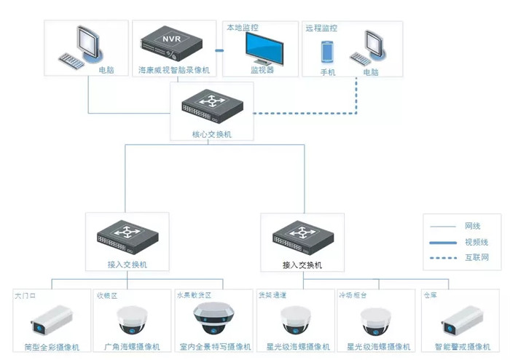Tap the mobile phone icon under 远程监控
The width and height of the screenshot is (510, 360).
tap(327, 52)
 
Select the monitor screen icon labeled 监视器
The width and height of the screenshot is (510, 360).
tap(261, 49)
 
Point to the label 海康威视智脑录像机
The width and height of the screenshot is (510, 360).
tap(173, 71)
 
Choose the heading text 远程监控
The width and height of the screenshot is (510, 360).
tap(321, 28)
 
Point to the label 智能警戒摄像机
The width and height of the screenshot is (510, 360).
tap(460, 347)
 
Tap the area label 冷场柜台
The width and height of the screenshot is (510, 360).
tap(352, 295)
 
